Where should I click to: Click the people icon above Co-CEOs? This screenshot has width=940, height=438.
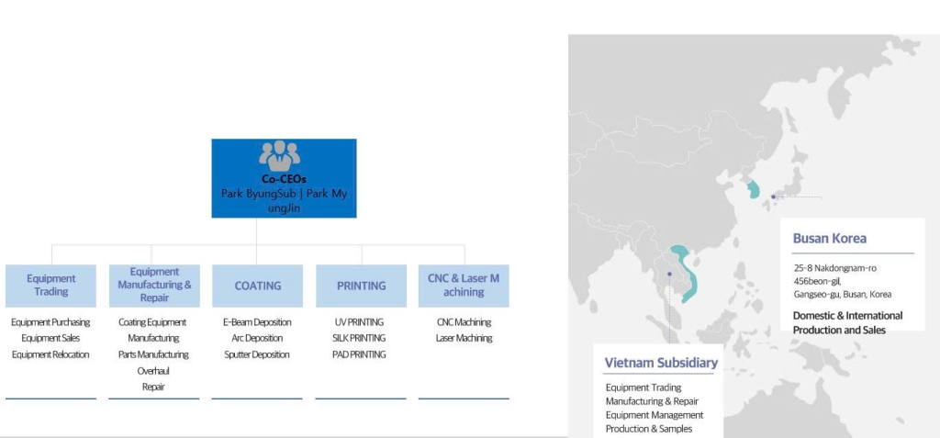pos(279,156)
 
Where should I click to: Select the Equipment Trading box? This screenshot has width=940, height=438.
pos(51,286)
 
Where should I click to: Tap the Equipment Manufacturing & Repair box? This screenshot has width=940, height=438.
pos(154,286)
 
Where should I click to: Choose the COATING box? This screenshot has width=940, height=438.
pos(258,286)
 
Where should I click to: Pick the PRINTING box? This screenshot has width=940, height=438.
pos(361,286)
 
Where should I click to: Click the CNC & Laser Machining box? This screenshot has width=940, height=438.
pos(464,286)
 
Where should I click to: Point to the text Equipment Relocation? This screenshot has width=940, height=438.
pos(50,354)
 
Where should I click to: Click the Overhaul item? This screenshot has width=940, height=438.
pos(153,371)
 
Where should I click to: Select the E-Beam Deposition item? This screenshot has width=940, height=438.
pos(257,322)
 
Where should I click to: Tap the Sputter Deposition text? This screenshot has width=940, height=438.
pos(257,354)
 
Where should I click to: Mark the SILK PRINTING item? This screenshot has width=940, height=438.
pos(359,339)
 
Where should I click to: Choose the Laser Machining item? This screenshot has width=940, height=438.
pos(464,339)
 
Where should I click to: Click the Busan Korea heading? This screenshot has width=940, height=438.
pos(830,238)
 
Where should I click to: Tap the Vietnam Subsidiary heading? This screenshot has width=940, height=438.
pos(661,363)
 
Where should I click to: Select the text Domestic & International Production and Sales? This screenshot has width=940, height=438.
pos(847,323)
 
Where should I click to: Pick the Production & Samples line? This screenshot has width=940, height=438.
pos(649,429)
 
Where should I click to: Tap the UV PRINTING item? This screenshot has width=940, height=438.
pos(359,322)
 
